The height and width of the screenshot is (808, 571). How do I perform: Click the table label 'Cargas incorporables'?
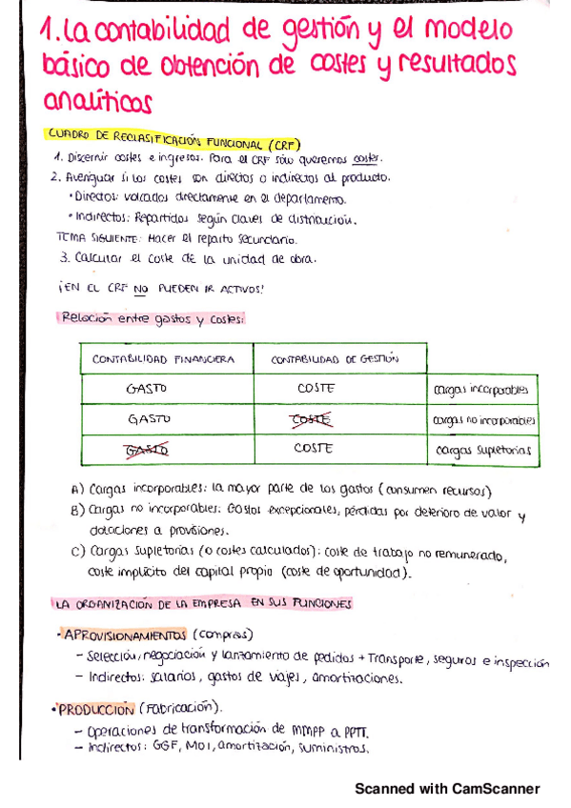(480, 390)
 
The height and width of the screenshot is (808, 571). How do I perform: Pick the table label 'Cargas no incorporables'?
(483, 419)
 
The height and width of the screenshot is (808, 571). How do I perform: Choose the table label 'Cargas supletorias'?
(479, 450)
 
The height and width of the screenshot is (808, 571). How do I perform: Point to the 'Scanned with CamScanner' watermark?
(447, 789)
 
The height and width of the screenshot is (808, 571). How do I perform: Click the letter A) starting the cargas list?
(77, 490)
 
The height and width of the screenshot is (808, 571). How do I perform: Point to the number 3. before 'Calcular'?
(63, 256)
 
